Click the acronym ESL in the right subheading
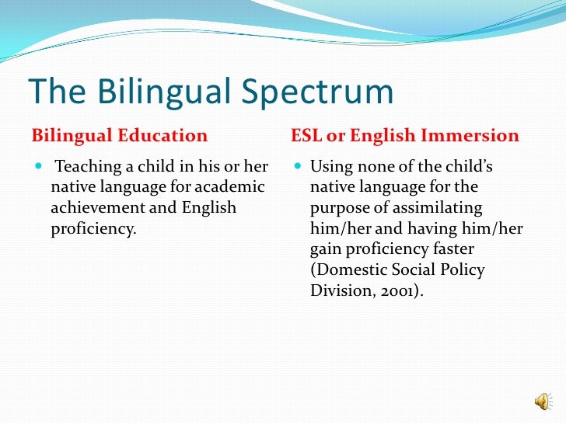306,136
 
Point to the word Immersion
474,136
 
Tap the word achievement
94,208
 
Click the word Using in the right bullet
330,167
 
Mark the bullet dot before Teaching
39,168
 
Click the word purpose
339,208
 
